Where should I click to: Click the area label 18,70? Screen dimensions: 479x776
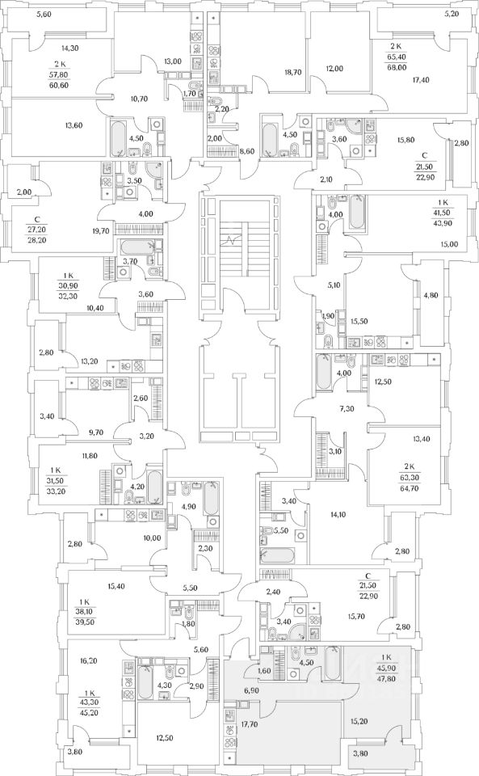point(293,72)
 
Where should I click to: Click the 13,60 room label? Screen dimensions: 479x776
point(74,125)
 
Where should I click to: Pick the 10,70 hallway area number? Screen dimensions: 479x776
point(140,99)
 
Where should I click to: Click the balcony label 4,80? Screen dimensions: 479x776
point(431,296)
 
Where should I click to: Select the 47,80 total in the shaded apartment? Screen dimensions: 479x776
point(386,677)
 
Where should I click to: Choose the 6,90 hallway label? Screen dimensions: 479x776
point(250,690)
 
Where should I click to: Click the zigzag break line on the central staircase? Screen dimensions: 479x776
point(232,242)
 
